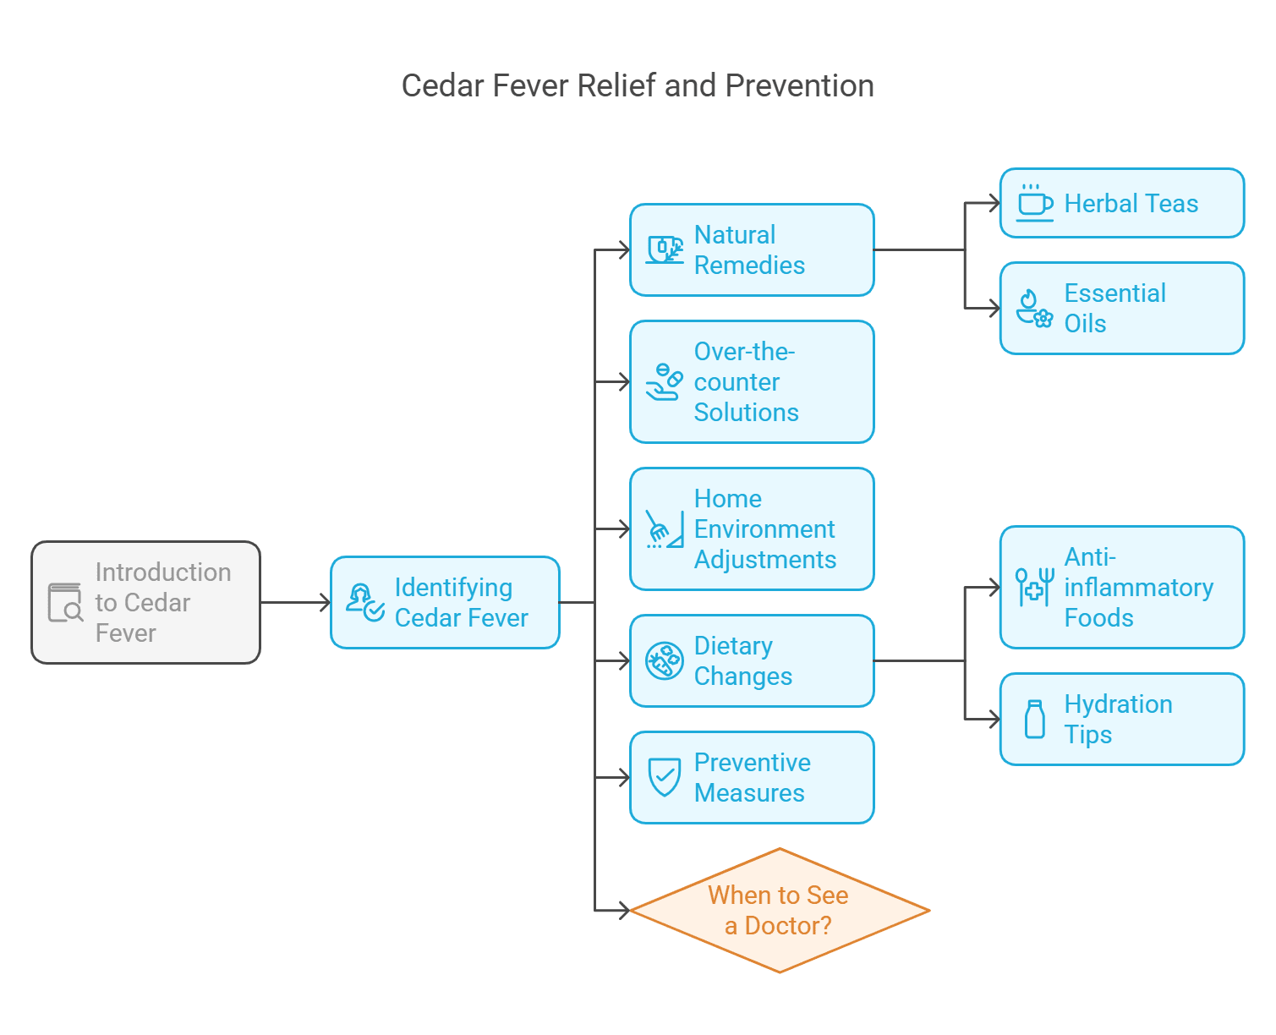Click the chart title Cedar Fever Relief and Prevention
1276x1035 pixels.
[638, 86]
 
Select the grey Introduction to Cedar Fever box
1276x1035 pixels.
[145, 602]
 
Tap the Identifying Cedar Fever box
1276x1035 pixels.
[445, 602]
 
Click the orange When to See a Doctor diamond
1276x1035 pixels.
[779, 910]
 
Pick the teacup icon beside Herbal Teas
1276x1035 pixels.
[1034, 203]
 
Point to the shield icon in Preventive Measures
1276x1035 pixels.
[664, 776]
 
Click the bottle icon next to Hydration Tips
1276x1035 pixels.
[1034, 720]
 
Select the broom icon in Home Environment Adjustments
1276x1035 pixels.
[664, 529]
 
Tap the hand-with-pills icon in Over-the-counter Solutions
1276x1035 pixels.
[664, 382]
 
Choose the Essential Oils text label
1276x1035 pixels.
[1114, 309]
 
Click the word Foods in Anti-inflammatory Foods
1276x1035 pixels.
[1098, 618]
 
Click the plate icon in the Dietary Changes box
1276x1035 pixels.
[664, 660]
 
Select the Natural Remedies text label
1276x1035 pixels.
[748, 250]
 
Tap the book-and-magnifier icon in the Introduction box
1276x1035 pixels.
[65, 602]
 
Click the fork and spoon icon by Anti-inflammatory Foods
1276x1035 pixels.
[1034, 587]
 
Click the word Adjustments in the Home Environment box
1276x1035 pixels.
[764, 560]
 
